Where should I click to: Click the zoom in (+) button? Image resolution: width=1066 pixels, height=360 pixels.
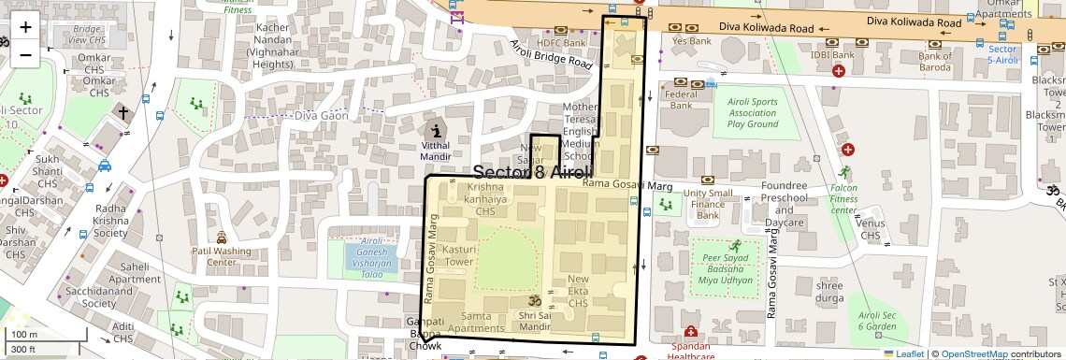click(x=25, y=26)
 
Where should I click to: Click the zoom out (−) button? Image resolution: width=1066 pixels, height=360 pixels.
click(x=25, y=54)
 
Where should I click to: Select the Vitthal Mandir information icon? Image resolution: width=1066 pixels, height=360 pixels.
click(x=437, y=129)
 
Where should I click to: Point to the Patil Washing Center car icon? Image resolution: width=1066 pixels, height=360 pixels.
click(x=222, y=238)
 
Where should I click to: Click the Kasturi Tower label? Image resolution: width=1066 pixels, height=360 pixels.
click(x=460, y=256)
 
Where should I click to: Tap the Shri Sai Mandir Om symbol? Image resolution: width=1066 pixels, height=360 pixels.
click(x=537, y=301)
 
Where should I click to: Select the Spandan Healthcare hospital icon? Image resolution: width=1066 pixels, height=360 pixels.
click(x=690, y=332)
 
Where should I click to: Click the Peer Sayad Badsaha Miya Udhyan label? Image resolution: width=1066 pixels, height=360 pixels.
click(x=726, y=268)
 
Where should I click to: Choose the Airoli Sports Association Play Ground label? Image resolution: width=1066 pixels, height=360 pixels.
click(x=753, y=112)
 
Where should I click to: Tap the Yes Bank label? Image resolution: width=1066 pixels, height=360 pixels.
click(x=692, y=40)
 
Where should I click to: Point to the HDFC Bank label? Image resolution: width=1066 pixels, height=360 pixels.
click(x=561, y=43)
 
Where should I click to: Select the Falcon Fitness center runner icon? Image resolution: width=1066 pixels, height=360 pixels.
click(x=845, y=172)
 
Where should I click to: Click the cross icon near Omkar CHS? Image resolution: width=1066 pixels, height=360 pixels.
click(x=122, y=112)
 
